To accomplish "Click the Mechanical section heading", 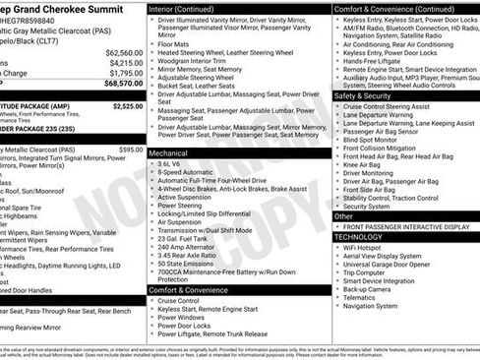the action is coord(170,153).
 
